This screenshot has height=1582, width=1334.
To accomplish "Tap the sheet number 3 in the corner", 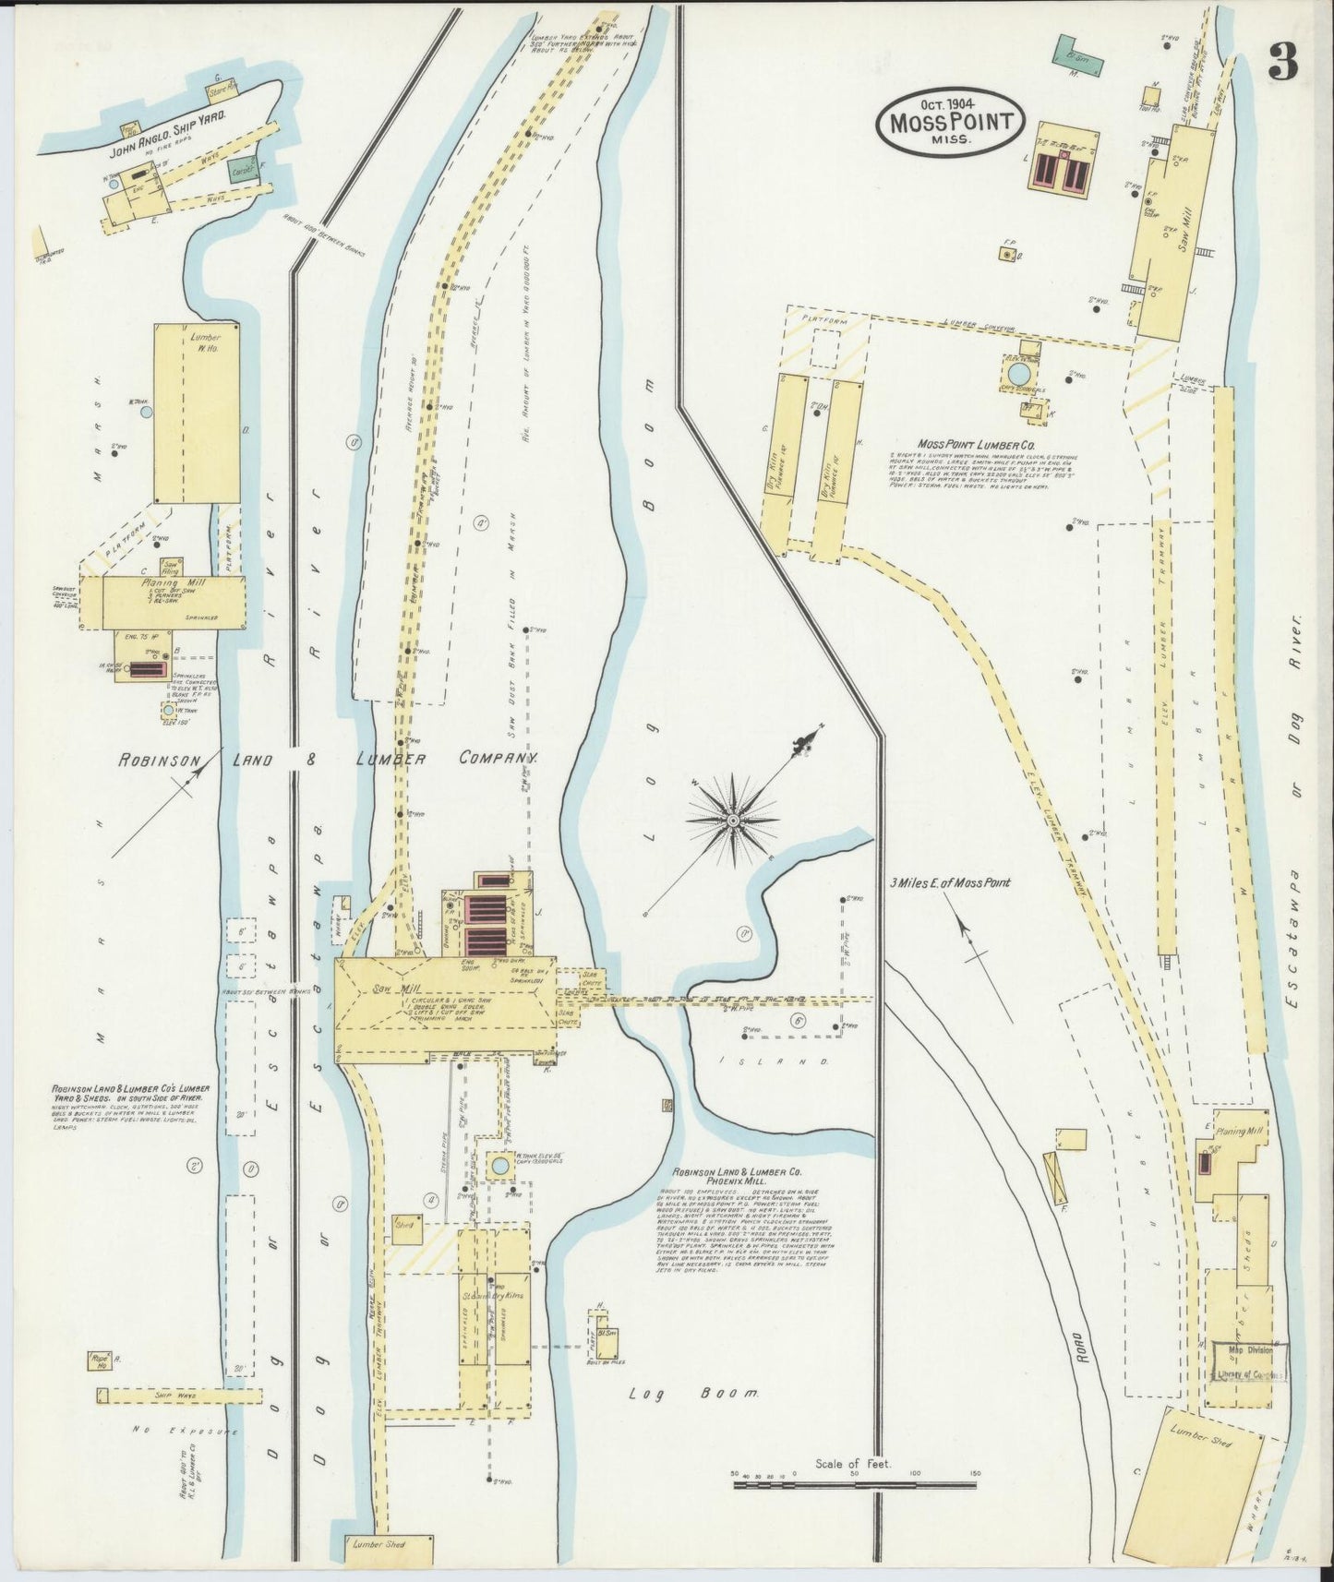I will (1282, 61).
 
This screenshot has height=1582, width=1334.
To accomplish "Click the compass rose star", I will (733, 819).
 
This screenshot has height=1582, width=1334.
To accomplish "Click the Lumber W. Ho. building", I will (197, 413).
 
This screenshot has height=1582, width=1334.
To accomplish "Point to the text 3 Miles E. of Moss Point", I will (950, 882).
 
